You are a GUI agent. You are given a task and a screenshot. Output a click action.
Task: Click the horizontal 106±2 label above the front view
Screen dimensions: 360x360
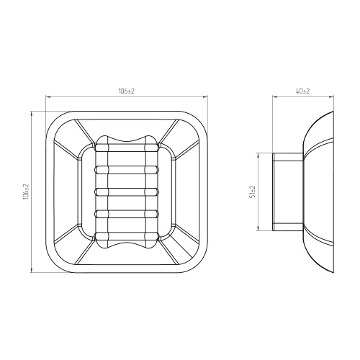(x=126, y=91)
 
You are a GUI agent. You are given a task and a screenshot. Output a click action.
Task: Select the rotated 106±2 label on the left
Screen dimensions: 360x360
(x=26, y=192)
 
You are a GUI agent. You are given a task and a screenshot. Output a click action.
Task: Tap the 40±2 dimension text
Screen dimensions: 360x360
(x=303, y=91)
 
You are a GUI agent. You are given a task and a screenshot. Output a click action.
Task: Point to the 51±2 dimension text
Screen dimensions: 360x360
(x=253, y=192)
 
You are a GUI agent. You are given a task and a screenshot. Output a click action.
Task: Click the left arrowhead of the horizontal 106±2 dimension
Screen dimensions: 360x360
(x=48, y=97)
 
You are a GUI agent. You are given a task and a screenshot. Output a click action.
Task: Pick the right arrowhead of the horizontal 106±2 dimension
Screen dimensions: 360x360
(x=205, y=97)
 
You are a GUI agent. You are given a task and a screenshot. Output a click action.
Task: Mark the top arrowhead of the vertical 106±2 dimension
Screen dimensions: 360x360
(x=32, y=114)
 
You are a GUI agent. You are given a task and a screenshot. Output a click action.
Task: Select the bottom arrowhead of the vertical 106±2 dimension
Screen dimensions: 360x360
(x=32, y=270)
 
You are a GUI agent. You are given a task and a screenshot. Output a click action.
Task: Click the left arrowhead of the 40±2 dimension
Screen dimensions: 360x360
(x=275, y=97)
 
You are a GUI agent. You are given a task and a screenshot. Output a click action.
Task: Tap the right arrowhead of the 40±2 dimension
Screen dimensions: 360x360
(x=331, y=97)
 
